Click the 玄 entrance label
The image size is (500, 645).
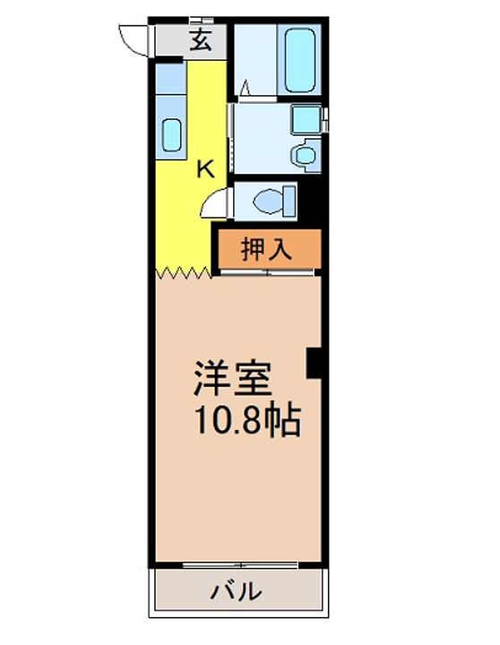(x=202, y=40)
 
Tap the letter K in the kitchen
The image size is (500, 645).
(x=205, y=168)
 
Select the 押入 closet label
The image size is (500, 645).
(x=267, y=249)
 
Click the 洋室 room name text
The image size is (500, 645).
(x=233, y=378)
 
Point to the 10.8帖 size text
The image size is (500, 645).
(x=248, y=420)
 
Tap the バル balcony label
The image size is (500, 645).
(x=237, y=591)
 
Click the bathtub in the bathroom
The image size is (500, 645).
(x=300, y=60)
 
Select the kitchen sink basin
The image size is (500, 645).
(x=171, y=135)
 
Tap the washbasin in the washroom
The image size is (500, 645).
(x=305, y=155)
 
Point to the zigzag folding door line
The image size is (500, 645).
(x=184, y=272)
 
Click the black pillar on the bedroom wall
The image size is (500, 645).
(x=314, y=363)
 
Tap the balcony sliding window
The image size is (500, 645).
(x=240, y=565)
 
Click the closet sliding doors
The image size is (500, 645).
(x=268, y=272)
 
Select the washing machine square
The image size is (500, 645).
(x=306, y=119)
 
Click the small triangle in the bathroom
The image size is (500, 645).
(x=245, y=88)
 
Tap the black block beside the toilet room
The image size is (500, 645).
(x=309, y=202)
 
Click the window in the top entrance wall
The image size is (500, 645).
(x=202, y=20)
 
